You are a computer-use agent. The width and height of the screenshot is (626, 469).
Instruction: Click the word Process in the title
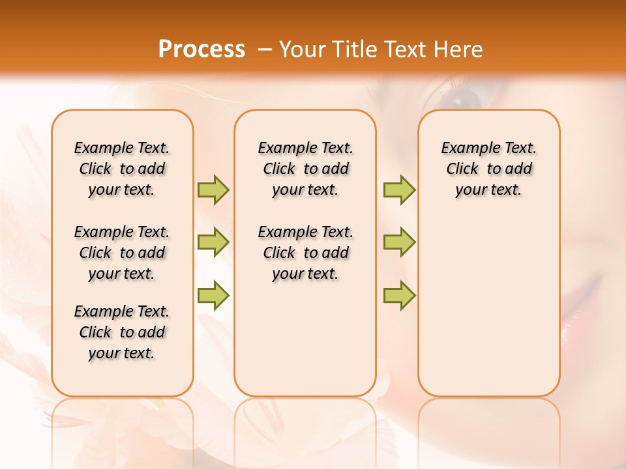pos(201,50)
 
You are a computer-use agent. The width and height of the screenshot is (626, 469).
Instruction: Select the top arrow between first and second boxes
pos(213,190)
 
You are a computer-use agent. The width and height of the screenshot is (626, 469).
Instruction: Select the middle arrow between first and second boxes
pos(213,242)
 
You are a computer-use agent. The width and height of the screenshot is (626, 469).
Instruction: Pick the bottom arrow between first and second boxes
pos(213,295)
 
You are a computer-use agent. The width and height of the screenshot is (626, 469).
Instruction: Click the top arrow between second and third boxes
pos(399,190)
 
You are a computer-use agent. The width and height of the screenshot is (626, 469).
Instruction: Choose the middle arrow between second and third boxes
pos(399,242)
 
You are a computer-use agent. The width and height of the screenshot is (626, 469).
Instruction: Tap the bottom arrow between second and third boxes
pos(399,295)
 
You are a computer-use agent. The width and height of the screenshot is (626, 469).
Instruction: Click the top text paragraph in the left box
pos(122,169)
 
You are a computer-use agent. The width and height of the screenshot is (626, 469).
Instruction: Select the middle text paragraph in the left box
pos(122,253)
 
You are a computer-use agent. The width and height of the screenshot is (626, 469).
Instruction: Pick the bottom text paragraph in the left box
pos(122,332)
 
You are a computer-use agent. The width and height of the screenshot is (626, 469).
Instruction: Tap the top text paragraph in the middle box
pos(305,169)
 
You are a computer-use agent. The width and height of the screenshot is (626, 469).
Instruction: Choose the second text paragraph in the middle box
pos(305,253)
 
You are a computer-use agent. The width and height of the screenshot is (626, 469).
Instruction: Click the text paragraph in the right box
pos(488,169)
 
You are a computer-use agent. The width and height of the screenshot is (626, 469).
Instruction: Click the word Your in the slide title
pos(303,50)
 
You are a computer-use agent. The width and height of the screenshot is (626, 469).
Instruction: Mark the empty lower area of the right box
pos(488,313)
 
